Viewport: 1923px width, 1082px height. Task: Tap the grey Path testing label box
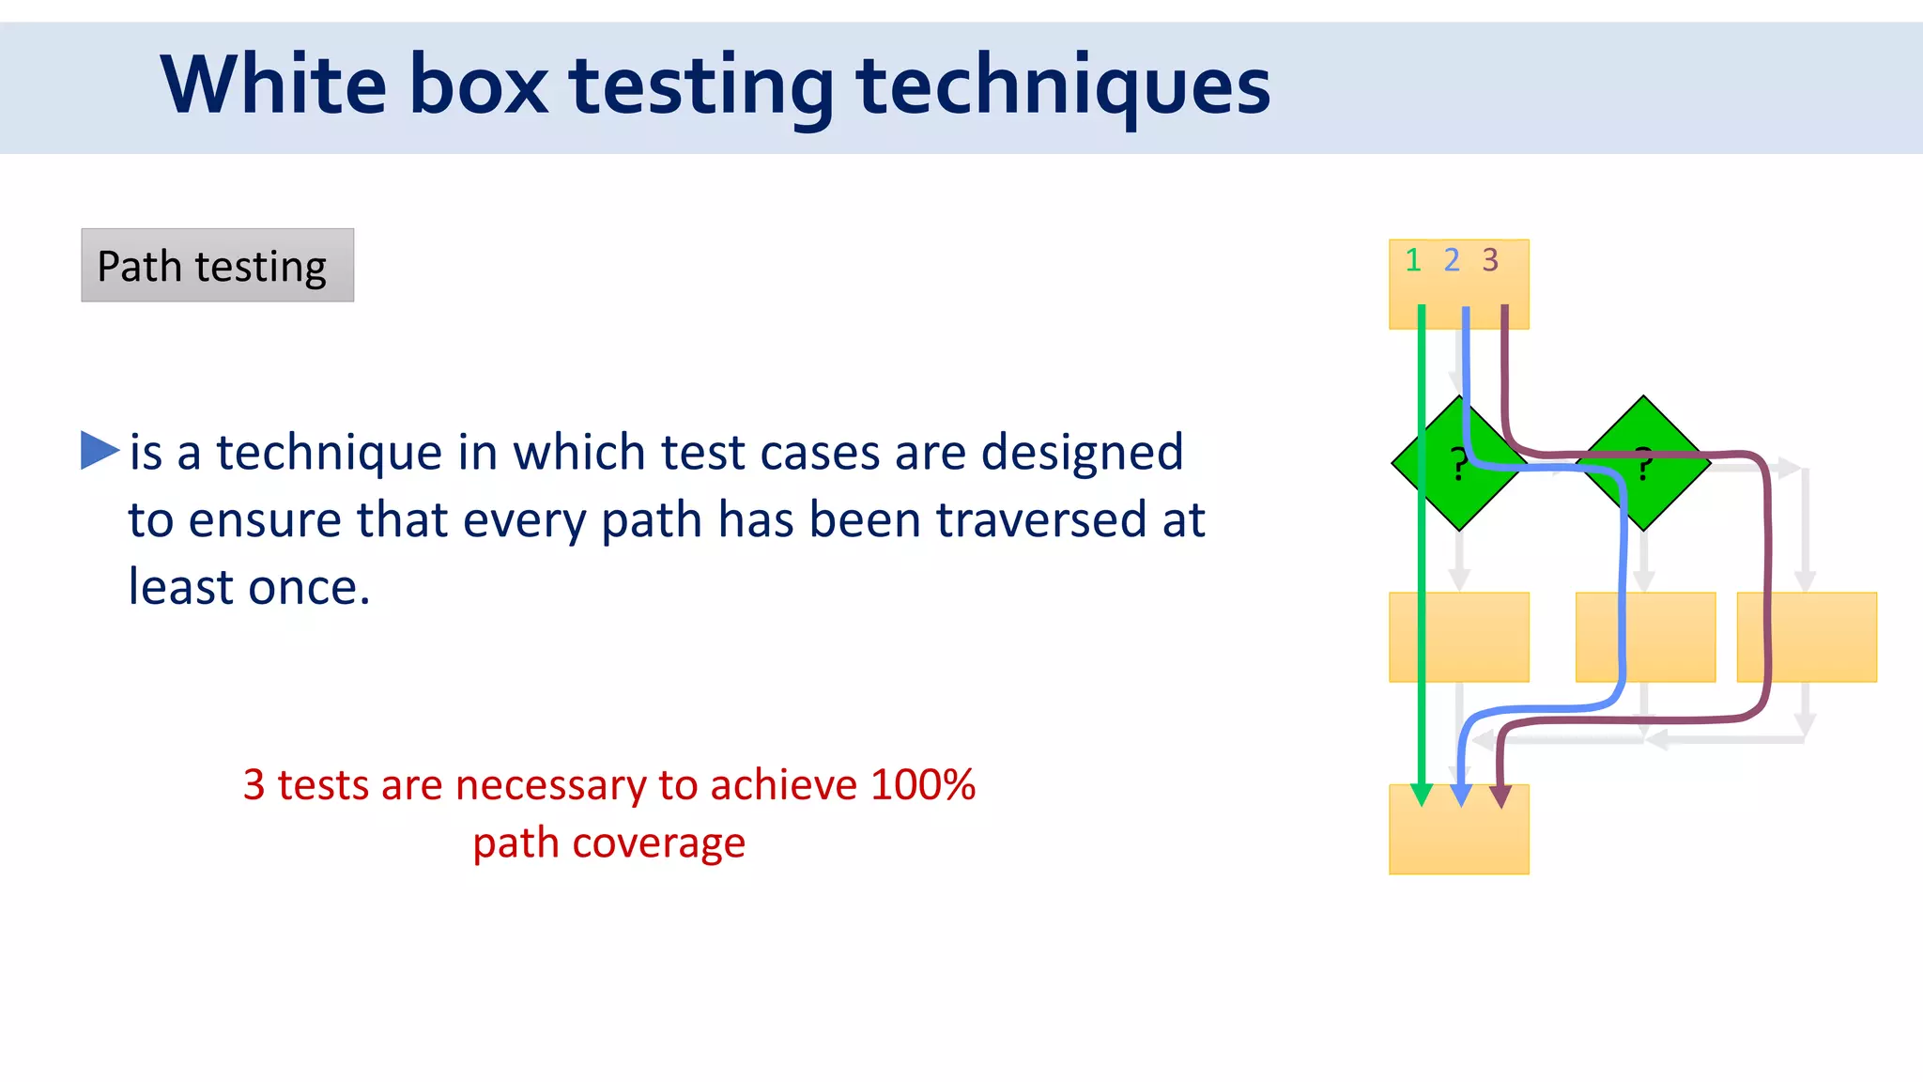(217, 266)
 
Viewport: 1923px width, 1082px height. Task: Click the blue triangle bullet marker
(99, 450)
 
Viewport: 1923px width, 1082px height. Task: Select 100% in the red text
(922, 784)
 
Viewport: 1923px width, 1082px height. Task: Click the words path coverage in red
(608, 842)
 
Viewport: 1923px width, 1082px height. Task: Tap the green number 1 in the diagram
(1412, 260)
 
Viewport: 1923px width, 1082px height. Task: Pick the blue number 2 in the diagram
(1452, 260)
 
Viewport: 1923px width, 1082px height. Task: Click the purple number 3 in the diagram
(1490, 260)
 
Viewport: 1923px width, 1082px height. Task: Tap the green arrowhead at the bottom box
(1422, 795)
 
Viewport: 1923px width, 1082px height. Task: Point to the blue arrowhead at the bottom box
(1460, 796)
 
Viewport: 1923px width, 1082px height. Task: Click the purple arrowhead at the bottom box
(1500, 796)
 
